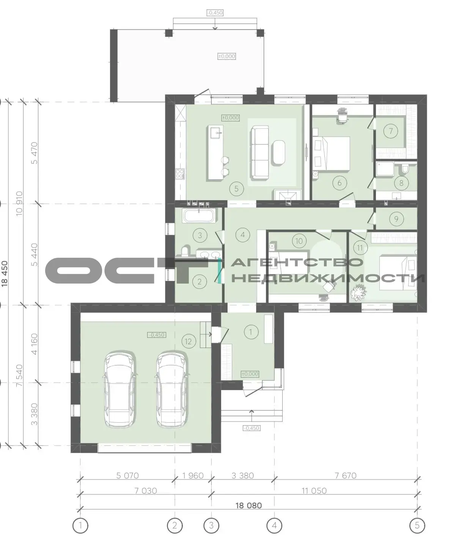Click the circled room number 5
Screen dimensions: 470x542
[x=236, y=189]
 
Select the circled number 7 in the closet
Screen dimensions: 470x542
[x=391, y=131]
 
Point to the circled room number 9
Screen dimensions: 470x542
[x=396, y=219]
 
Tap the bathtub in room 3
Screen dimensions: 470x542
[x=200, y=216]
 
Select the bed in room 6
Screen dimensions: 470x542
[x=331, y=154]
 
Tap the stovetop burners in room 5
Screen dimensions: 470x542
[x=180, y=174]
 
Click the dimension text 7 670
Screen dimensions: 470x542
[x=346, y=476]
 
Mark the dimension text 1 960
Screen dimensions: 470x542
[x=193, y=476]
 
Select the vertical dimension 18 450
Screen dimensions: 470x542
[x=5, y=274]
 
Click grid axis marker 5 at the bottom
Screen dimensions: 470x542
[x=417, y=526]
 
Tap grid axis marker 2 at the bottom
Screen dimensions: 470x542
[x=174, y=526]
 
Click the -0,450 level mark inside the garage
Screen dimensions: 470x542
[x=157, y=335]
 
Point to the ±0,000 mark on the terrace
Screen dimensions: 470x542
[x=227, y=56]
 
